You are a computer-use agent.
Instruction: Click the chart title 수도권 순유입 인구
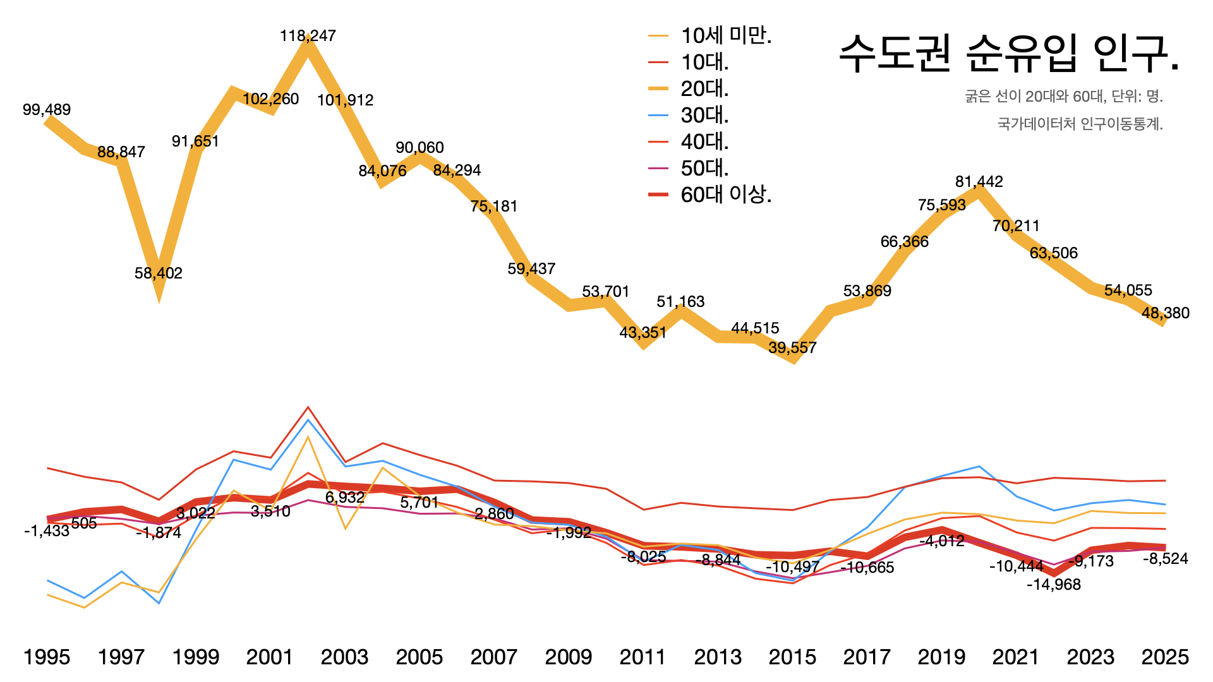click(1008, 53)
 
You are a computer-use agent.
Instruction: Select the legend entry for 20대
click(704, 89)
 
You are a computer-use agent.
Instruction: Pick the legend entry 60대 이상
click(726, 194)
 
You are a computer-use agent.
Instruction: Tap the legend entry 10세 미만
click(726, 36)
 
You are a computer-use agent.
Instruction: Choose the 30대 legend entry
click(704, 116)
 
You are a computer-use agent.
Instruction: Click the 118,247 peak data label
click(308, 36)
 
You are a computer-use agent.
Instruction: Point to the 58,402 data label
click(158, 273)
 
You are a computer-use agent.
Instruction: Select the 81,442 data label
click(979, 182)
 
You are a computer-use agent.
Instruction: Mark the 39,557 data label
click(792, 348)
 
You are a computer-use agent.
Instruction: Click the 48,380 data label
click(1165, 313)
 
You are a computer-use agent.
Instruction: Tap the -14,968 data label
click(1053, 585)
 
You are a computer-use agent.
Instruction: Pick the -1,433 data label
click(47, 531)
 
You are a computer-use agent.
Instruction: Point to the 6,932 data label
click(345, 498)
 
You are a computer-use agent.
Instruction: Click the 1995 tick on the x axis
click(47, 657)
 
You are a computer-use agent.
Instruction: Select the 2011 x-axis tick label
click(643, 657)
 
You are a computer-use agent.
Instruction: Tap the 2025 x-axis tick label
click(1165, 657)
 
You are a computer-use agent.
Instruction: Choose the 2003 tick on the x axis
click(344, 657)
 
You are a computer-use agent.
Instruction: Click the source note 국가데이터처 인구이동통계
click(1080, 124)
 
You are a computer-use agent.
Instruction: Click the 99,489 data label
click(47, 110)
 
